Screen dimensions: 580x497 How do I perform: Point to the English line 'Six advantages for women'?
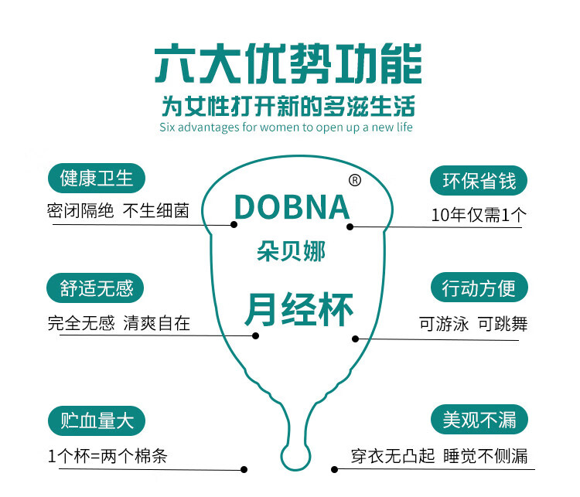pos(286,126)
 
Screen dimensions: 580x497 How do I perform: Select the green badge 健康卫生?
pos(97,179)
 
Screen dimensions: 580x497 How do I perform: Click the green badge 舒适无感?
pos(97,289)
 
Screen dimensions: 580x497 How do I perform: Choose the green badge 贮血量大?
pos(97,420)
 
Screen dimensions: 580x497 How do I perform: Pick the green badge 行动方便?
pos(479,289)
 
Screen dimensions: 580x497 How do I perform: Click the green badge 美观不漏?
pos(479,420)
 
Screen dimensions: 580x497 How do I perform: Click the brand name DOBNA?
pos(292,207)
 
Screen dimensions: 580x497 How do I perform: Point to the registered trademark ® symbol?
pos(355,180)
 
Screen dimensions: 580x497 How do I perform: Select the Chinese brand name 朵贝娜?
pos(291,252)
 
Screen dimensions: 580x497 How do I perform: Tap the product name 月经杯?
pos(299,310)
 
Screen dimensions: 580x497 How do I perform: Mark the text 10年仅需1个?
pos(477,215)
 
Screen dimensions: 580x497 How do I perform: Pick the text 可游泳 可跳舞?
pos(473,324)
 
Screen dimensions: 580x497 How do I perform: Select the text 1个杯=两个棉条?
pos(107,456)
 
